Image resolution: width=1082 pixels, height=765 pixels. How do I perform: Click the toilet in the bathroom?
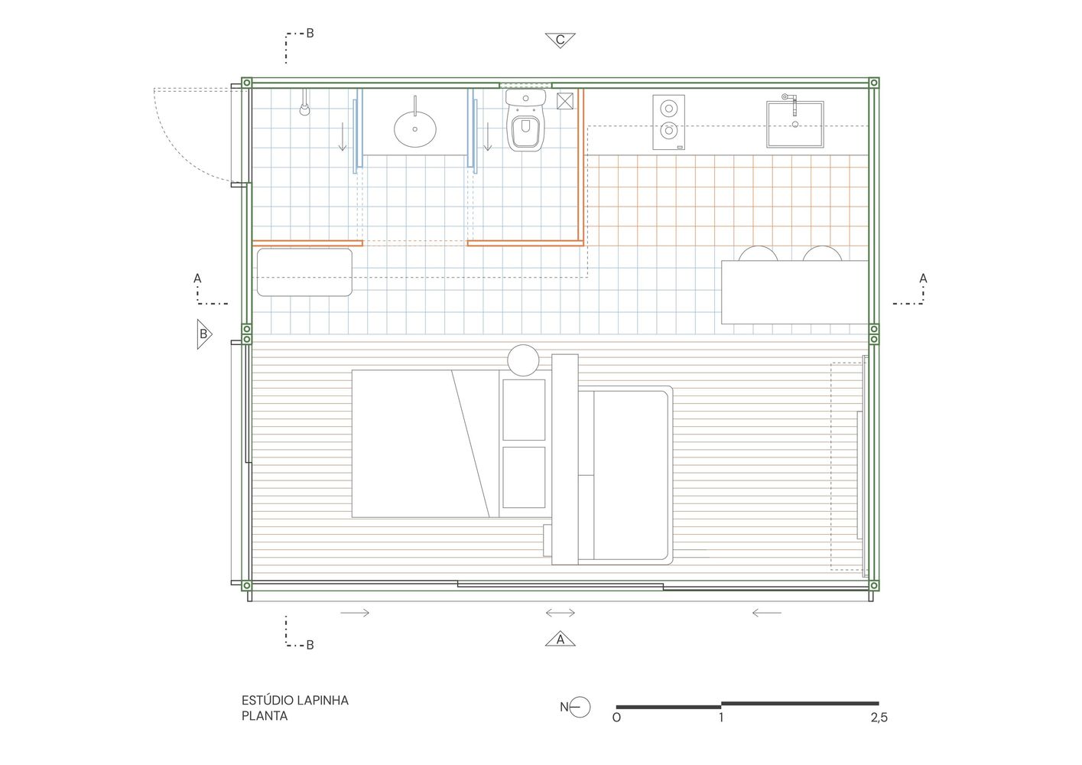[x=525, y=120]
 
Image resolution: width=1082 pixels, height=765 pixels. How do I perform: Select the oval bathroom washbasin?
[x=415, y=129]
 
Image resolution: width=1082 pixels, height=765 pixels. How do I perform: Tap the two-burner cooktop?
[x=668, y=122]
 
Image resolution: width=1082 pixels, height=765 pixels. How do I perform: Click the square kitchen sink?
[x=795, y=124]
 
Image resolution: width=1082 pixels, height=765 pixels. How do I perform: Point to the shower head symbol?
[x=304, y=107]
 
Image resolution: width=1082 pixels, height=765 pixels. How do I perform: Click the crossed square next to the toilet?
[x=564, y=101]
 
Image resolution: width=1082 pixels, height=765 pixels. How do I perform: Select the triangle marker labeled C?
[x=560, y=40]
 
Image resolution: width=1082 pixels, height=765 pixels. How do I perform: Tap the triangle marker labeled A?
[x=560, y=639]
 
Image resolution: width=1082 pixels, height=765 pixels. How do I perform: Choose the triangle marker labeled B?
[x=204, y=334]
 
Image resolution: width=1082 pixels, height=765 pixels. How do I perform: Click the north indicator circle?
[x=580, y=708]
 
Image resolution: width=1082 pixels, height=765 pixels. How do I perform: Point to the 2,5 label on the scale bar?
[x=879, y=718]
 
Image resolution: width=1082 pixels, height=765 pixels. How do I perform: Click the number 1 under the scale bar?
[x=721, y=718]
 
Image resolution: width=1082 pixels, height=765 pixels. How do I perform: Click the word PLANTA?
[x=265, y=716]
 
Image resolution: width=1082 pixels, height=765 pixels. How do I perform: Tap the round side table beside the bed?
[x=523, y=360]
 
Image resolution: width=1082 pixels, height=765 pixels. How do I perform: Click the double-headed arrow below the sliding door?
[x=560, y=613]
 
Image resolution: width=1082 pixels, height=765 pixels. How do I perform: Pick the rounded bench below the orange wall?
[x=304, y=272]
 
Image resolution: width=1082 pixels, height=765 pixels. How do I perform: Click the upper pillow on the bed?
[x=524, y=410]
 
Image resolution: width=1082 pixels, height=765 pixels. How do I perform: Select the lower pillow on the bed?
[x=524, y=477]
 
